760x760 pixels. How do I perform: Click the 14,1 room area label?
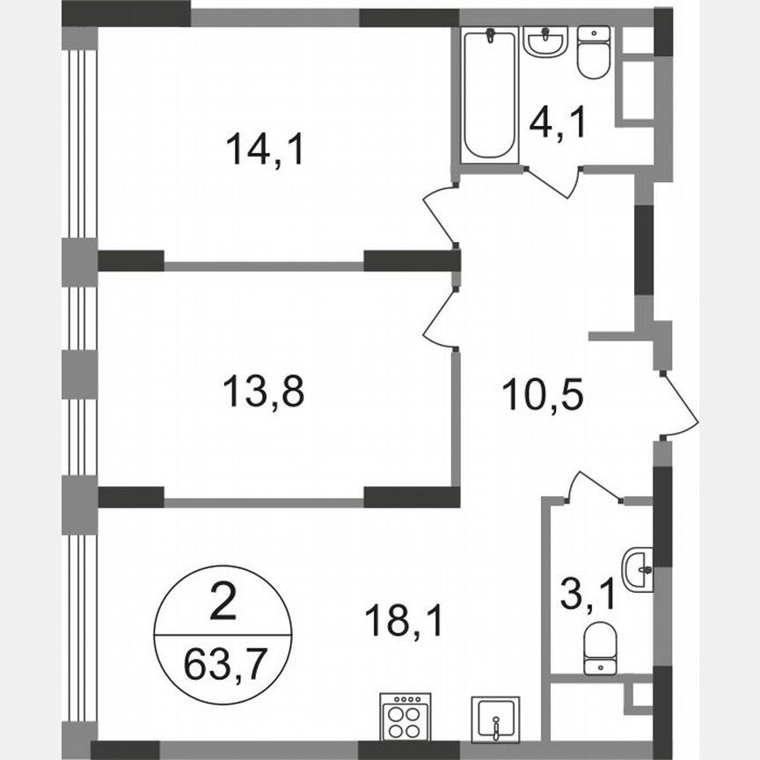pyautogui.click(x=265, y=149)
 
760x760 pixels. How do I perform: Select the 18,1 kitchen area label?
pyautogui.click(x=405, y=621)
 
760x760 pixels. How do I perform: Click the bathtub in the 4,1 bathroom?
pyautogui.click(x=489, y=95)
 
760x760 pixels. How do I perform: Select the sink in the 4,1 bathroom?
pyautogui.click(x=544, y=40)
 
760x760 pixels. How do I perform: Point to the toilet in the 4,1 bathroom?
pyautogui.click(x=595, y=52)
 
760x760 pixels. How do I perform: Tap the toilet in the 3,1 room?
pyautogui.click(x=603, y=647)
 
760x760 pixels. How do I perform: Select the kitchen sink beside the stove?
pyautogui.click(x=496, y=717)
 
